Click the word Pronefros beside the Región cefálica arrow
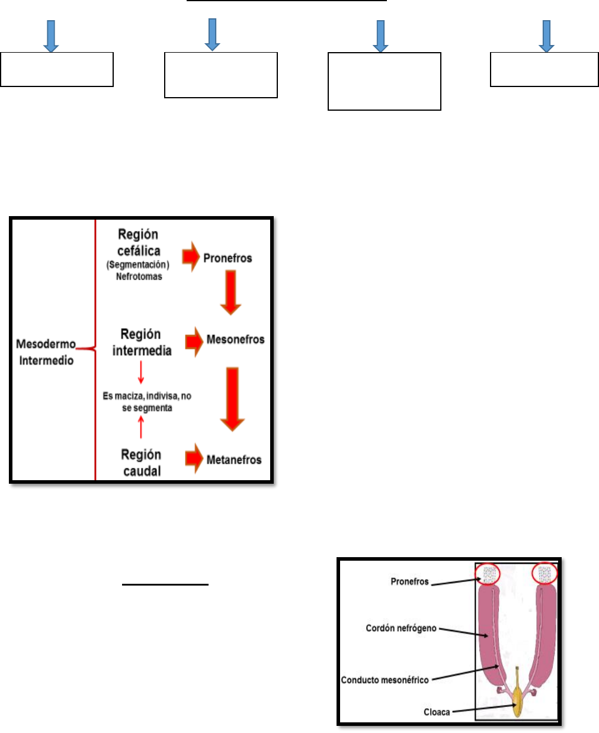(x=228, y=258)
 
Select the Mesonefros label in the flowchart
(x=235, y=340)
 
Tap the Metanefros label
(x=234, y=460)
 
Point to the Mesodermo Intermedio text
(x=46, y=352)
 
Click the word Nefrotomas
(x=139, y=277)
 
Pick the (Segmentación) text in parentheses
(x=138, y=265)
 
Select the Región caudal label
(x=142, y=463)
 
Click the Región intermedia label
(x=142, y=342)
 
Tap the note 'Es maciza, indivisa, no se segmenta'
(x=147, y=402)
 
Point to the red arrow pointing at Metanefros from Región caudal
(x=194, y=459)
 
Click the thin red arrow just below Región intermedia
(x=141, y=372)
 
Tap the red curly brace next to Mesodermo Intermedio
(x=93, y=349)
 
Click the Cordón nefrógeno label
(x=401, y=628)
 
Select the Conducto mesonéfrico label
(x=385, y=680)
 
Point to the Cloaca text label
(x=437, y=712)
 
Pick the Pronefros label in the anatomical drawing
(x=409, y=582)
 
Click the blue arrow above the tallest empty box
(x=380, y=36)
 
